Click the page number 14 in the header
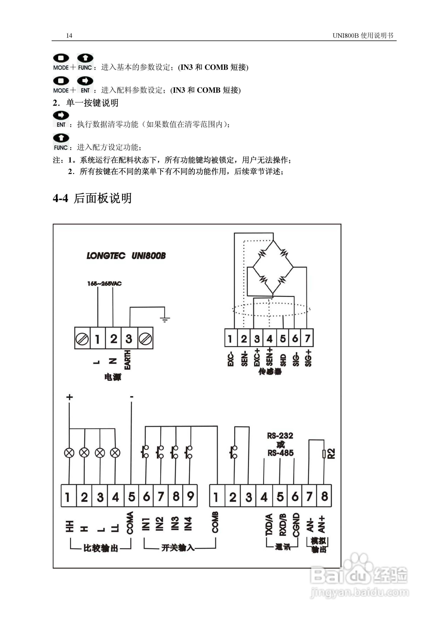69,36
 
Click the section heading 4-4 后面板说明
92,198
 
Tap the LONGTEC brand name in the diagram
106,256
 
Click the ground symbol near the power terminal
165,319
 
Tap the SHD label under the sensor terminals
283,360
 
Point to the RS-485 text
281,453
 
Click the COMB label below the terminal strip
215,522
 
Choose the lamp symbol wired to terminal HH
69,453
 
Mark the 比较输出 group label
101,548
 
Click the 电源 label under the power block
113,377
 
